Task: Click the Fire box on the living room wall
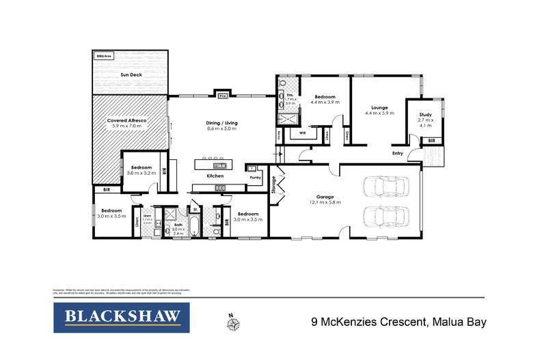point(222,96)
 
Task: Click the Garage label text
point(323,195)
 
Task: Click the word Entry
point(398,154)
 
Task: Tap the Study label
point(425,115)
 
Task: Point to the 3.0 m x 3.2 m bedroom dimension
point(142,173)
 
